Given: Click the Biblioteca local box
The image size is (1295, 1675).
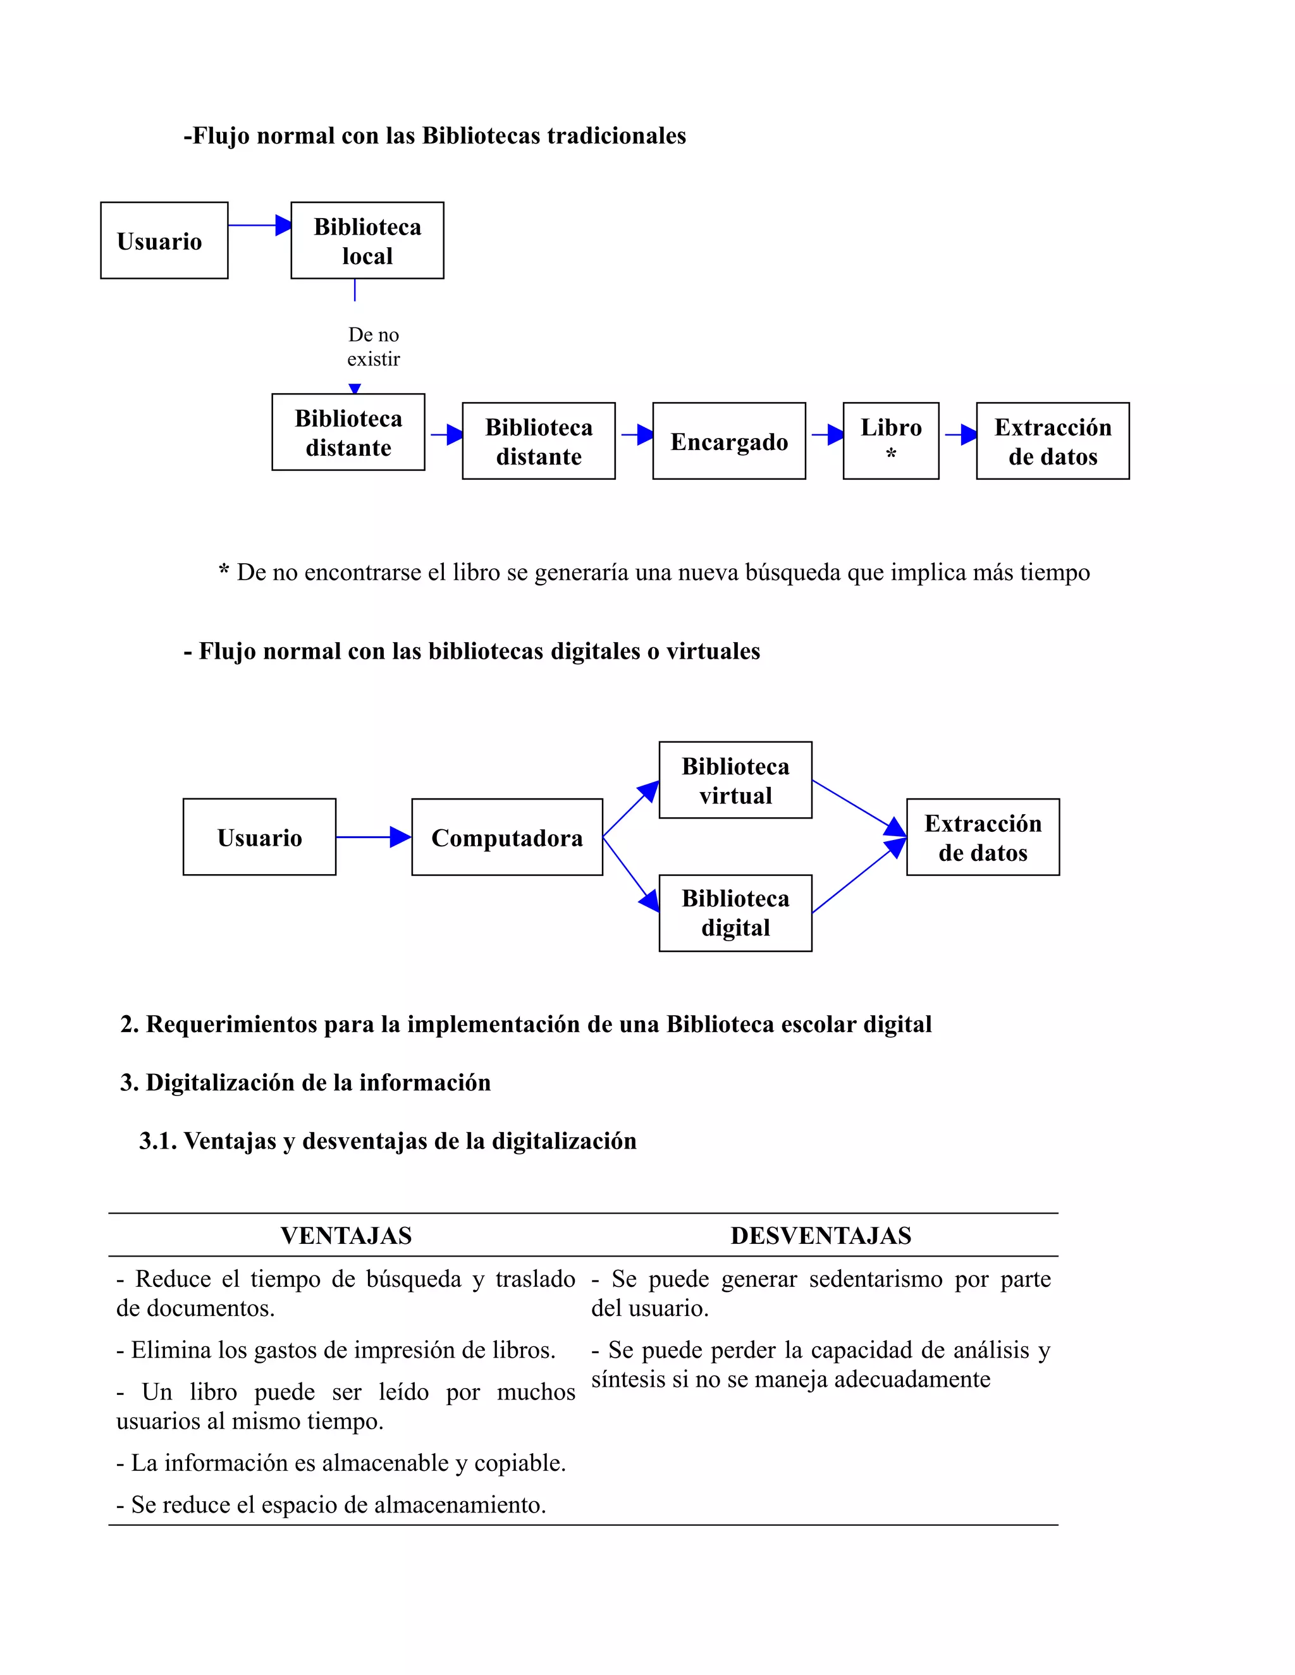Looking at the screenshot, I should pyautogui.click(x=367, y=240).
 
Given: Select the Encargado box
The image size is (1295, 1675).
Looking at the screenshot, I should pyautogui.click(x=729, y=441).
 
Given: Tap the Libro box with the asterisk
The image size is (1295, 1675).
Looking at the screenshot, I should pyautogui.click(x=891, y=441).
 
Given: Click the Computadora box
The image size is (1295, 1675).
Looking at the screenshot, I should pyautogui.click(x=507, y=837).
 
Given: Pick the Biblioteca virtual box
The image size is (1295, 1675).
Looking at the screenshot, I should pyautogui.click(x=735, y=780).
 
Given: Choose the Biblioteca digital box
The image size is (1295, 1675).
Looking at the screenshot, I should pyautogui.click(x=735, y=913).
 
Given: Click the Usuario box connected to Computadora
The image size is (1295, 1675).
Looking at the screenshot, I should pyautogui.click(x=259, y=837).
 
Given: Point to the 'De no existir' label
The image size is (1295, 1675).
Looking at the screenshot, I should pyautogui.click(x=374, y=346).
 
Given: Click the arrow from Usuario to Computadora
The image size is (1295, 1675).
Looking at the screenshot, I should pyautogui.click(x=374, y=837).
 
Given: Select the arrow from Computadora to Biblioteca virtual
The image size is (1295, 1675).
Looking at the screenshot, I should pyautogui.click(x=632, y=808).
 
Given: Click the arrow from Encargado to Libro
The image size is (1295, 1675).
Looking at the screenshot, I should pyautogui.click(x=827, y=435).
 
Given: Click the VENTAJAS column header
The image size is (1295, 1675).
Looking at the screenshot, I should pyautogui.click(x=346, y=1236).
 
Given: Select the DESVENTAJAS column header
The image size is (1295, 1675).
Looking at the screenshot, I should pyautogui.click(x=821, y=1236).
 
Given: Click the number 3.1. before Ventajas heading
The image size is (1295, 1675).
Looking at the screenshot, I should pyautogui.click(x=157, y=1141).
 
